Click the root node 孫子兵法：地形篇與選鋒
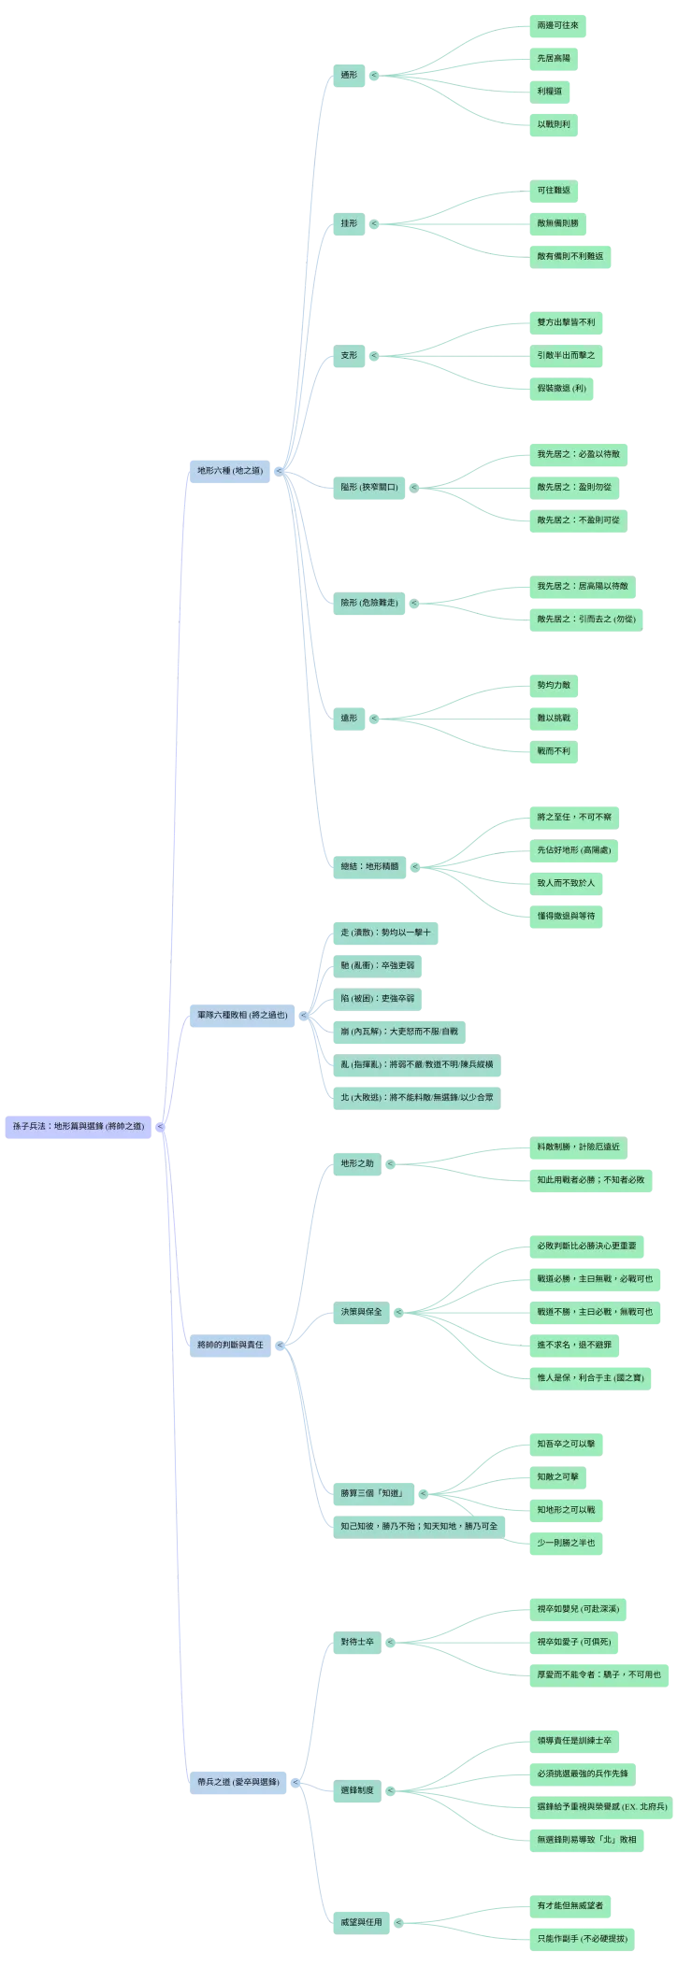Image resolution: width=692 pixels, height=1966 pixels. (x=79, y=1126)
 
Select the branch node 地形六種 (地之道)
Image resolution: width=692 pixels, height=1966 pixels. (x=229, y=470)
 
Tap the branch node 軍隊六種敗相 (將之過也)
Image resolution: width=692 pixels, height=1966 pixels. (x=242, y=1014)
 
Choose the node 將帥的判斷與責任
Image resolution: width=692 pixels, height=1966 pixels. (x=230, y=1345)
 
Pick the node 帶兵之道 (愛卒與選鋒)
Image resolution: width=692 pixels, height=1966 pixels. (x=238, y=1781)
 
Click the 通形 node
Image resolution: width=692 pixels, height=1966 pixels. (x=349, y=74)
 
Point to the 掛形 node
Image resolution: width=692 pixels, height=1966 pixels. (x=349, y=223)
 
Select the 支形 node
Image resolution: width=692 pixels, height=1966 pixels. (x=349, y=355)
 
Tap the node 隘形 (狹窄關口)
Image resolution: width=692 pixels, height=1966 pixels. (x=369, y=487)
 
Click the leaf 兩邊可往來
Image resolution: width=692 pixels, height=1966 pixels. (x=557, y=25)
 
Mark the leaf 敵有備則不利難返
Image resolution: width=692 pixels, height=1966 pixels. (x=569, y=256)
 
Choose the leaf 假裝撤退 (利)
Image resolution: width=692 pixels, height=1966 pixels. (x=561, y=388)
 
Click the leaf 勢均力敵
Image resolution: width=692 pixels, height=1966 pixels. (x=554, y=685)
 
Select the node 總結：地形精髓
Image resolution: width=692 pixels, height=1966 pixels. (x=369, y=866)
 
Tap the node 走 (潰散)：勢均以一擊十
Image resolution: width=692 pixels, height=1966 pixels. (x=385, y=933)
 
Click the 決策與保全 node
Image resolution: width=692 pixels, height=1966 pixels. (x=361, y=1312)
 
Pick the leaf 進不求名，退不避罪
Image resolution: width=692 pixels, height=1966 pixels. (x=574, y=1345)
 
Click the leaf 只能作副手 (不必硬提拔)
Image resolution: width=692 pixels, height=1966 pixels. (x=582, y=1939)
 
